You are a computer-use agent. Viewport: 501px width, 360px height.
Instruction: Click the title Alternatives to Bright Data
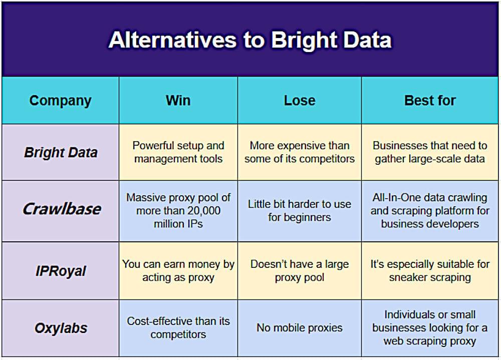coord(250,40)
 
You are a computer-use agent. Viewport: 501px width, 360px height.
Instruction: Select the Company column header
coord(60,101)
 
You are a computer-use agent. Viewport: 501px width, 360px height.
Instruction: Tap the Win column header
coord(178,100)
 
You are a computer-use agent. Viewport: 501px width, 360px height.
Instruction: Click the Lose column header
coord(300,100)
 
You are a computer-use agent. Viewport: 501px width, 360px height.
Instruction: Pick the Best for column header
coord(430,100)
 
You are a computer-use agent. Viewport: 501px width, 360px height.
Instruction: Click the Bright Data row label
coord(61,152)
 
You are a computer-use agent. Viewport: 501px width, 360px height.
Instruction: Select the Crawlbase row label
coord(61,209)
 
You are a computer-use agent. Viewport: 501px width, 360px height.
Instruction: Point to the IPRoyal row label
coord(61,271)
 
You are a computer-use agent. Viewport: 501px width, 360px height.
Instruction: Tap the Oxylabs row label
coord(61,328)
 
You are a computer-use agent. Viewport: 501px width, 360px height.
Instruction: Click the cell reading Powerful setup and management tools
coord(178,152)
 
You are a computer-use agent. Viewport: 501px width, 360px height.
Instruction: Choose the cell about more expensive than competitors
coord(300,152)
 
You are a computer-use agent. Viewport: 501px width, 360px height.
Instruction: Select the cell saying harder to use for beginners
coord(300,211)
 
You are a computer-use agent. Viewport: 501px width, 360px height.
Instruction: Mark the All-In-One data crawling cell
coord(430,211)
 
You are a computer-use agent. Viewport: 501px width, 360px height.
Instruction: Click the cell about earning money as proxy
coord(178,270)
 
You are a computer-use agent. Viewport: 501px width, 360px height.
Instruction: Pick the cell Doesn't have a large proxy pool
coord(300,270)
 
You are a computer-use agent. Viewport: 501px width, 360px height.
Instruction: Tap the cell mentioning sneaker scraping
coord(430,270)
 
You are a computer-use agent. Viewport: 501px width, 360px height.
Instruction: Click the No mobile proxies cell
coord(300,328)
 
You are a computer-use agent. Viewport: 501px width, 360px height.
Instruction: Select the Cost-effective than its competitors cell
coord(178,328)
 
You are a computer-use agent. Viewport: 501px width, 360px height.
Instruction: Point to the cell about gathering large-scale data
coord(430,152)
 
